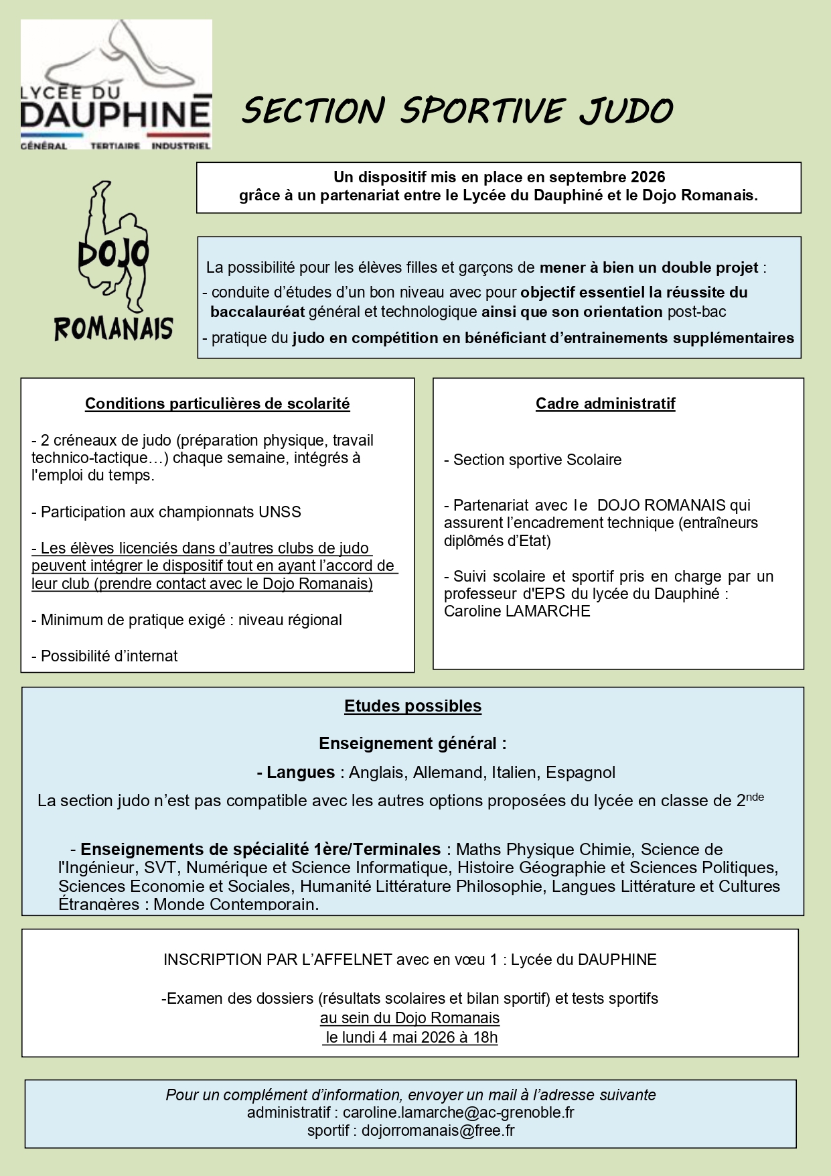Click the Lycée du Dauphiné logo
pos(116,84)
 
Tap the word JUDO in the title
pos(625,111)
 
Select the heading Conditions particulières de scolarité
pos(217,403)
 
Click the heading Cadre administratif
pos(605,403)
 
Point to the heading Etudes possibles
pos(412,706)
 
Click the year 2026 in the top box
pos(647,177)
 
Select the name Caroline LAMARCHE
pos(517,611)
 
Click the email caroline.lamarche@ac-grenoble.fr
pos(458,1112)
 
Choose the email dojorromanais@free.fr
pos(438,1130)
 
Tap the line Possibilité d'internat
pos(105,656)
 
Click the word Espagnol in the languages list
pos(580,772)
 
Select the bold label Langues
pos(300,772)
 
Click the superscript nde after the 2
pos(755,797)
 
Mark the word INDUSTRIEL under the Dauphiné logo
pos(181,145)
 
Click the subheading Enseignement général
pos(412,743)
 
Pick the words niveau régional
pos(290,620)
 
